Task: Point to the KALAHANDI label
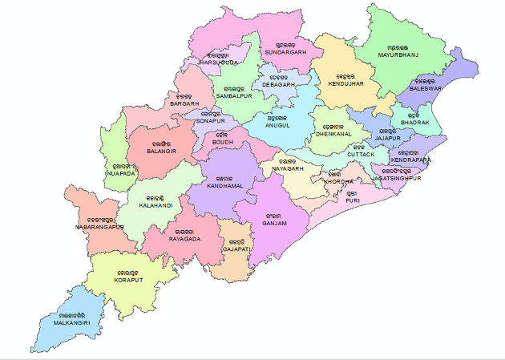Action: click(155, 205)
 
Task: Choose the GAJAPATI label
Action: click(237, 249)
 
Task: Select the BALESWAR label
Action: click(425, 89)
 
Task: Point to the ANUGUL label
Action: click(278, 125)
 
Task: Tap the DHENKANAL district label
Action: click(333, 134)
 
